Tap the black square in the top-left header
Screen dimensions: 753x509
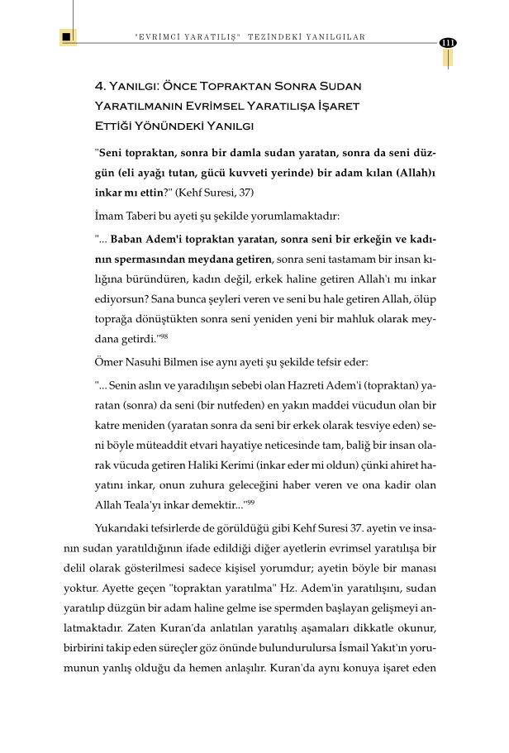tap(66, 37)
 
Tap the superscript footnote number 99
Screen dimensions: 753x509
tap(250, 501)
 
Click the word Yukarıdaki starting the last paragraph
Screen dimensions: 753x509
tap(125, 531)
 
